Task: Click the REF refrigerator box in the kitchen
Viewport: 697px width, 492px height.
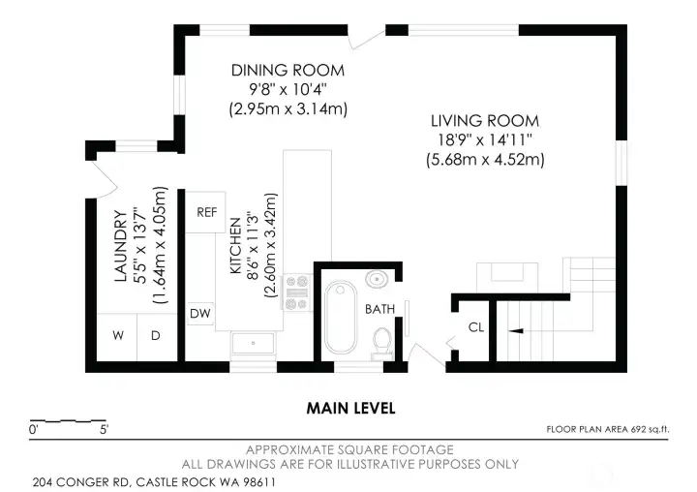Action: click(205, 212)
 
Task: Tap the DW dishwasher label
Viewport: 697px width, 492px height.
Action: click(200, 313)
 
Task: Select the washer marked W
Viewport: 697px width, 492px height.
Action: click(117, 337)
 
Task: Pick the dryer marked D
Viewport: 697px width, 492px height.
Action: click(157, 337)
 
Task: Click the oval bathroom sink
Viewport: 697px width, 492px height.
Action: click(377, 279)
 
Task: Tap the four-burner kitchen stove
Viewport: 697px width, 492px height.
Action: click(297, 292)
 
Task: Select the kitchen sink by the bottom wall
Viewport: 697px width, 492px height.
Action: click(254, 344)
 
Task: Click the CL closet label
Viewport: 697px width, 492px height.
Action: click(476, 327)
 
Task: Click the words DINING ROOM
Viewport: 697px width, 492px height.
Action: click(288, 71)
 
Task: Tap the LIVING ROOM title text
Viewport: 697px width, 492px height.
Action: click(485, 121)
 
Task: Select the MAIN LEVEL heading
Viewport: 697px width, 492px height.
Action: click(350, 409)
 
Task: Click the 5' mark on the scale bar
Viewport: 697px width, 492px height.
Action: click(104, 430)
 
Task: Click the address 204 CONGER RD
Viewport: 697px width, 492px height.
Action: click(81, 482)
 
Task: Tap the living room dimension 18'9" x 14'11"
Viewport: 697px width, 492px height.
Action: click(485, 140)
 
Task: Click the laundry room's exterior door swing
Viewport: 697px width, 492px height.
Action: click(104, 179)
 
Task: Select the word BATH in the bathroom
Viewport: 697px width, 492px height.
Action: click(379, 309)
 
